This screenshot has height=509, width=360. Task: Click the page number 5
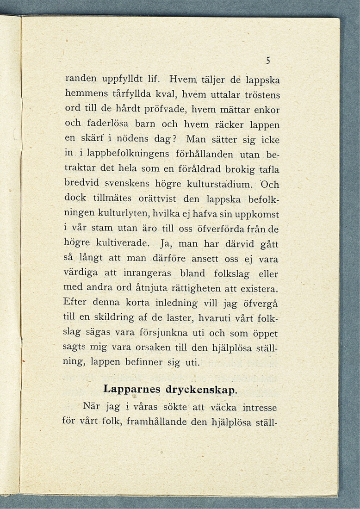pos(267,60)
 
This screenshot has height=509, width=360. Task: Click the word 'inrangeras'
pos(151,274)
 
